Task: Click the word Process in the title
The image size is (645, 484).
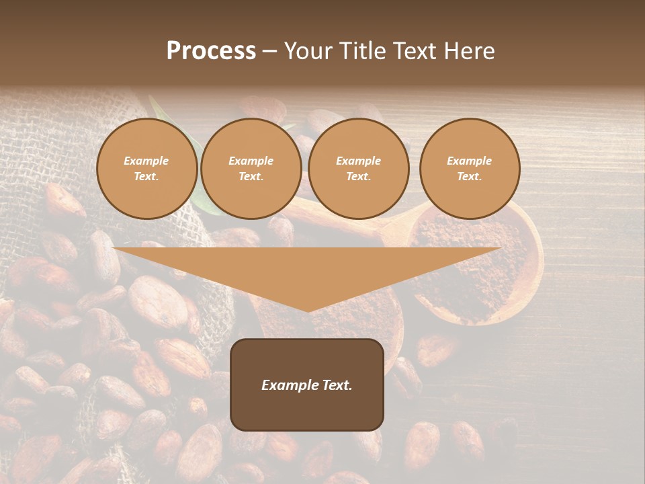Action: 211,51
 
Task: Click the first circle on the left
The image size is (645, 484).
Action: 146,169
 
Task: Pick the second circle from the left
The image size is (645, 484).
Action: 251,169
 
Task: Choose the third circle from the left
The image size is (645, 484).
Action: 358,169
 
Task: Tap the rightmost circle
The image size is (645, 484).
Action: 470,169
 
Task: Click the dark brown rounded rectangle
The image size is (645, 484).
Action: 307,385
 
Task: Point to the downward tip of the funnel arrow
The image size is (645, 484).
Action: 308,310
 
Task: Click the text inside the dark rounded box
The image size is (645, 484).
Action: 307,385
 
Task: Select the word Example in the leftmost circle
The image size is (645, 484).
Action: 146,161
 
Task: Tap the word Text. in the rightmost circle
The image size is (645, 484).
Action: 470,177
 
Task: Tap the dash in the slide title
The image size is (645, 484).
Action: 269,51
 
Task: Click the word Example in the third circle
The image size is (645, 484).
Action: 358,161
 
